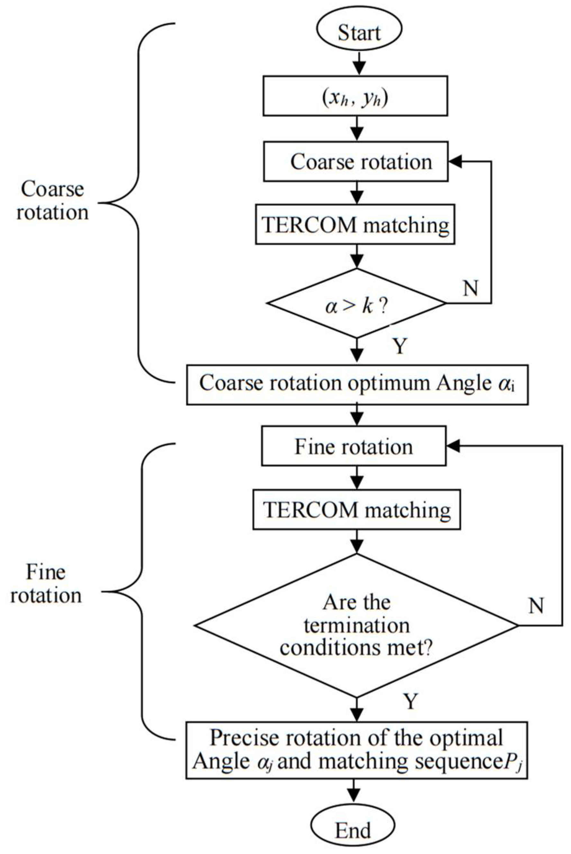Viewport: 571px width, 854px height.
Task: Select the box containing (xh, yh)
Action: [355, 96]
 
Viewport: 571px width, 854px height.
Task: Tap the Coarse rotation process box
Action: [355, 161]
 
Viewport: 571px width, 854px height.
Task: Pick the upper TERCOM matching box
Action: [355, 224]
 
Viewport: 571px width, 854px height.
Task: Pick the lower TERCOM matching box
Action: [357, 509]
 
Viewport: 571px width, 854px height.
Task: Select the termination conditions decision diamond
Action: [356, 626]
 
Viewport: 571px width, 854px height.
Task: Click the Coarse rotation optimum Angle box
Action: [357, 384]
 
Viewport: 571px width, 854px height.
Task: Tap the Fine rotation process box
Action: [354, 445]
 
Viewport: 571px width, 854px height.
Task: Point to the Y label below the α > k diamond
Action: [400, 346]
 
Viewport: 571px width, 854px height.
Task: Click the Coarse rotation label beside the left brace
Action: [52, 200]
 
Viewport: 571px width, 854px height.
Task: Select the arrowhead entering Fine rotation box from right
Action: [453, 445]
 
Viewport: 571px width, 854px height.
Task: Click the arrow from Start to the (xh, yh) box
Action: [359, 63]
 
